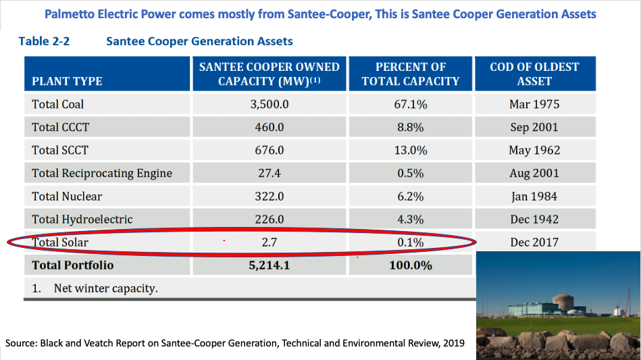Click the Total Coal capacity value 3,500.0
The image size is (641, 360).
(270, 104)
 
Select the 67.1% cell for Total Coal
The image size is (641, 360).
(410, 104)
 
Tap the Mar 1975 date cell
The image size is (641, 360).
(534, 104)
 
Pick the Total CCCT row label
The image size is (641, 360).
(60, 127)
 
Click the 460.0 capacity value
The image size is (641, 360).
(270, 127)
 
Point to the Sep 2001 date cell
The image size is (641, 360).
(534, 127)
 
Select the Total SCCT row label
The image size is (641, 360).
(60, 150)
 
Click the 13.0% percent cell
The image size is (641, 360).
(410, 150)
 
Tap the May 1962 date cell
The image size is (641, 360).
(534, 150)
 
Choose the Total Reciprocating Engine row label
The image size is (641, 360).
(102, 173)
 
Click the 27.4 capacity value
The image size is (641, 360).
(270, 173)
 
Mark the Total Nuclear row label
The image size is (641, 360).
(67, 196)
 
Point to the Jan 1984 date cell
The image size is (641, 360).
(534, 196)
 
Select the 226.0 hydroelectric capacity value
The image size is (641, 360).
(270, 219)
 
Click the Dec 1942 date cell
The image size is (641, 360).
(534, 219)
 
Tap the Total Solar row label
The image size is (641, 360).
(60, 242)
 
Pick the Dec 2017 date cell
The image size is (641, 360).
(534, 242)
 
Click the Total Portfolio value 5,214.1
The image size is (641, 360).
(270, 265)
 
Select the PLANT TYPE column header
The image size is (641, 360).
(67, 81)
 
